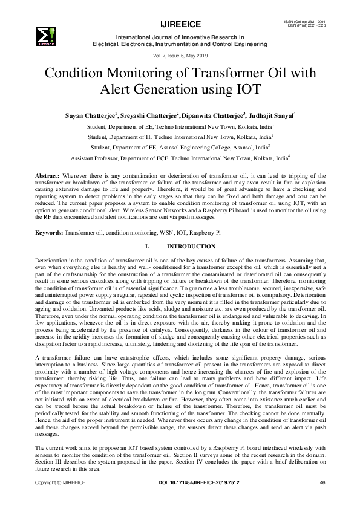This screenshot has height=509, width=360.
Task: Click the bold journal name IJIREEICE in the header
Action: point(180,25)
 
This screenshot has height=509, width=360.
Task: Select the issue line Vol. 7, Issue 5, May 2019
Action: point(180,54)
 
